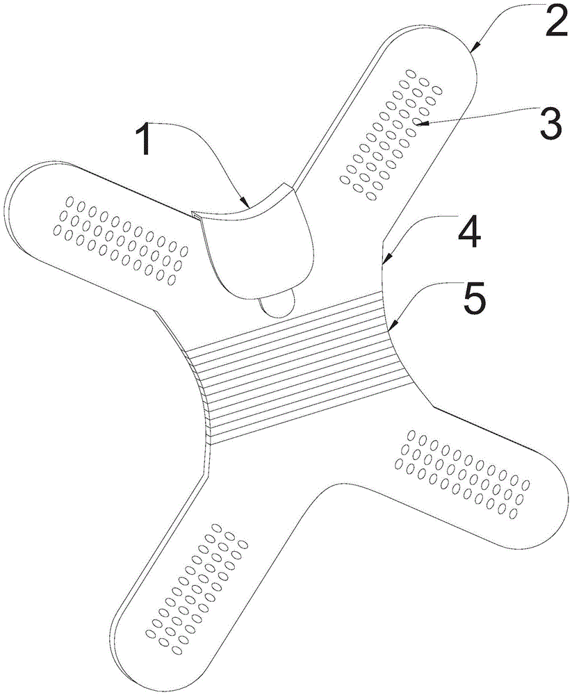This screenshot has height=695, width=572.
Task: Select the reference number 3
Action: [x=549, y=124]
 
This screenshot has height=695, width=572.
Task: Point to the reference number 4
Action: [x=471, y=235]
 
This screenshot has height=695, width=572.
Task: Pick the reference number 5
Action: [x=471, y=299]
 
